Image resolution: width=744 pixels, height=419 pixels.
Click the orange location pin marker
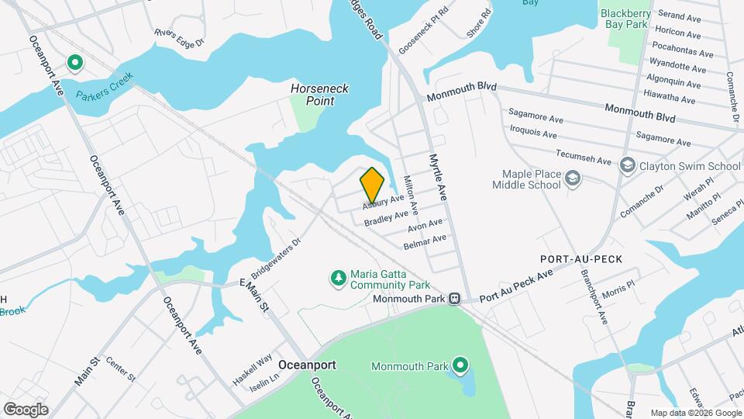pos(372,185)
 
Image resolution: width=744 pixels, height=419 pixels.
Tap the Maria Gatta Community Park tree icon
pos(337,278)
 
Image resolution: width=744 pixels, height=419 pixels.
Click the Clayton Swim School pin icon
pos(626,165)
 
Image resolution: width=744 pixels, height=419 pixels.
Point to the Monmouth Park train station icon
pos(456,299)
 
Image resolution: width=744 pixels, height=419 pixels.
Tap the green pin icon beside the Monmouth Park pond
pos(460,365)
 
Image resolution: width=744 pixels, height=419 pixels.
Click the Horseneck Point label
pos(319,95)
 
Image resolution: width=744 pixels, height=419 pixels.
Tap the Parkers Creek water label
pos(105,86)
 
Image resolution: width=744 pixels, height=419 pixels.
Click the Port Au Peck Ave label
pos(515,287)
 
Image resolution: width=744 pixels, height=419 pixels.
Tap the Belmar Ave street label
pos(425,242)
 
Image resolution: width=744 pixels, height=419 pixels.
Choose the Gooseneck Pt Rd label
pos(424,36)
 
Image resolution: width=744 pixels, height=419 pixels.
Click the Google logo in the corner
pos(26,409)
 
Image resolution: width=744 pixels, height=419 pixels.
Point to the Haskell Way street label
pos(253,369)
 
